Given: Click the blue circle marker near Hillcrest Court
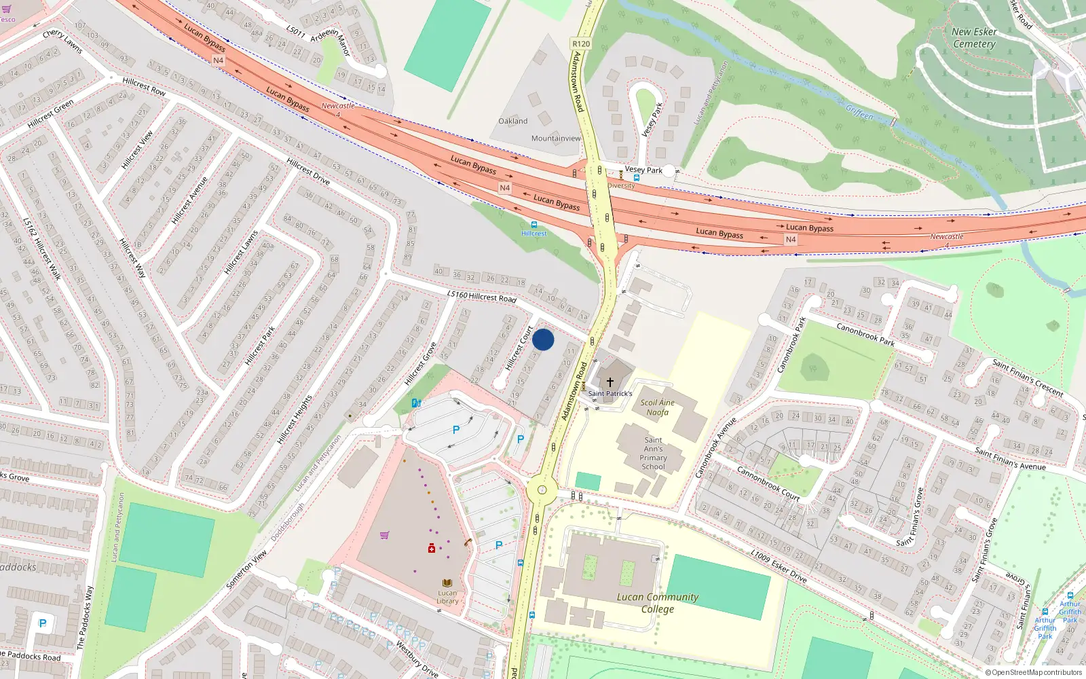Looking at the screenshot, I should (x=543, y=339).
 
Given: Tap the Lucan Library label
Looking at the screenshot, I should (x=447, y=596).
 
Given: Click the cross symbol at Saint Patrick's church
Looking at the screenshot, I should (x=610, y=382).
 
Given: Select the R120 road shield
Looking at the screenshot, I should (x=581, y=43).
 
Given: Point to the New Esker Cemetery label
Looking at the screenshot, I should (x=974, y=38).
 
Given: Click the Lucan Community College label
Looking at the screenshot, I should (x=657, y=602).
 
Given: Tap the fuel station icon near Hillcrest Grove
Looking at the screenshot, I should (x=416, y=403).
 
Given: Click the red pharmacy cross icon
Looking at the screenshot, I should (x=431, y=548).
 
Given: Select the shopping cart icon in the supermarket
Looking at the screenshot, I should (x=385, y=535).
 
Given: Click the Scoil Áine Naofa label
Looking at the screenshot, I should (x=657, y=407).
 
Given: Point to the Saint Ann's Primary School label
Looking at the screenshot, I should (x=653, y=453).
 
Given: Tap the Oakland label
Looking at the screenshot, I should (x=512, y=121).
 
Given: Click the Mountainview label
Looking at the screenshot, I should (x=556, y=138).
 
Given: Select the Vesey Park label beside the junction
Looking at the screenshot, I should (x=643, y=170).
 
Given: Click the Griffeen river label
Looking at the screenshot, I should (x=859, y=112).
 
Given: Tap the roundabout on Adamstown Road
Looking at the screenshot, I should (x=542, y=490).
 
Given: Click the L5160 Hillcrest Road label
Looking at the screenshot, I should (x=482, y=295).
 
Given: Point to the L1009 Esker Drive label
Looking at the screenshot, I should (x=779, y=566).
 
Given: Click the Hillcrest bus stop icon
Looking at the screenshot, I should (x=534, y=224).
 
